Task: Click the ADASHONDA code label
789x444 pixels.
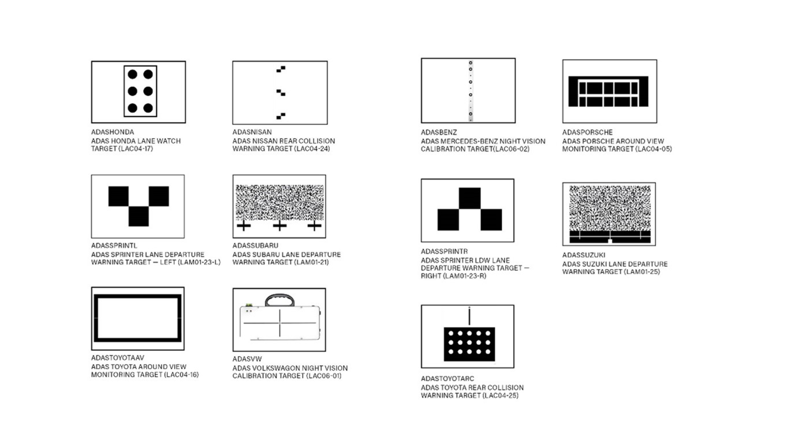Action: (113, 132)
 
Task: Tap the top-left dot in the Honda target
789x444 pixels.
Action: (132, 74)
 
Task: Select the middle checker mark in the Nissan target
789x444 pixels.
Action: (281, 92)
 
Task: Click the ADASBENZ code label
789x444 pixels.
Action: (438, 132)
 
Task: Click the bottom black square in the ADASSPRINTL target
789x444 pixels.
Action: (138, 216)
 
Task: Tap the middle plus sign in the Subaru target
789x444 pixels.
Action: (280, 225)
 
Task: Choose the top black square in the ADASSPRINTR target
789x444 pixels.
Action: (470, 199)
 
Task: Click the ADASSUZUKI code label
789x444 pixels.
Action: (584, 255)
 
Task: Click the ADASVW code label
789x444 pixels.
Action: (247, 359)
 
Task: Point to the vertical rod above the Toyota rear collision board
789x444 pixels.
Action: (469, 315)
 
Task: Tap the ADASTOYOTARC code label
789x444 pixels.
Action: (448, 379)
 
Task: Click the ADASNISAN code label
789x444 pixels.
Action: (252, 132)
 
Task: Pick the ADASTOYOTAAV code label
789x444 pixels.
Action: (118, 358)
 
